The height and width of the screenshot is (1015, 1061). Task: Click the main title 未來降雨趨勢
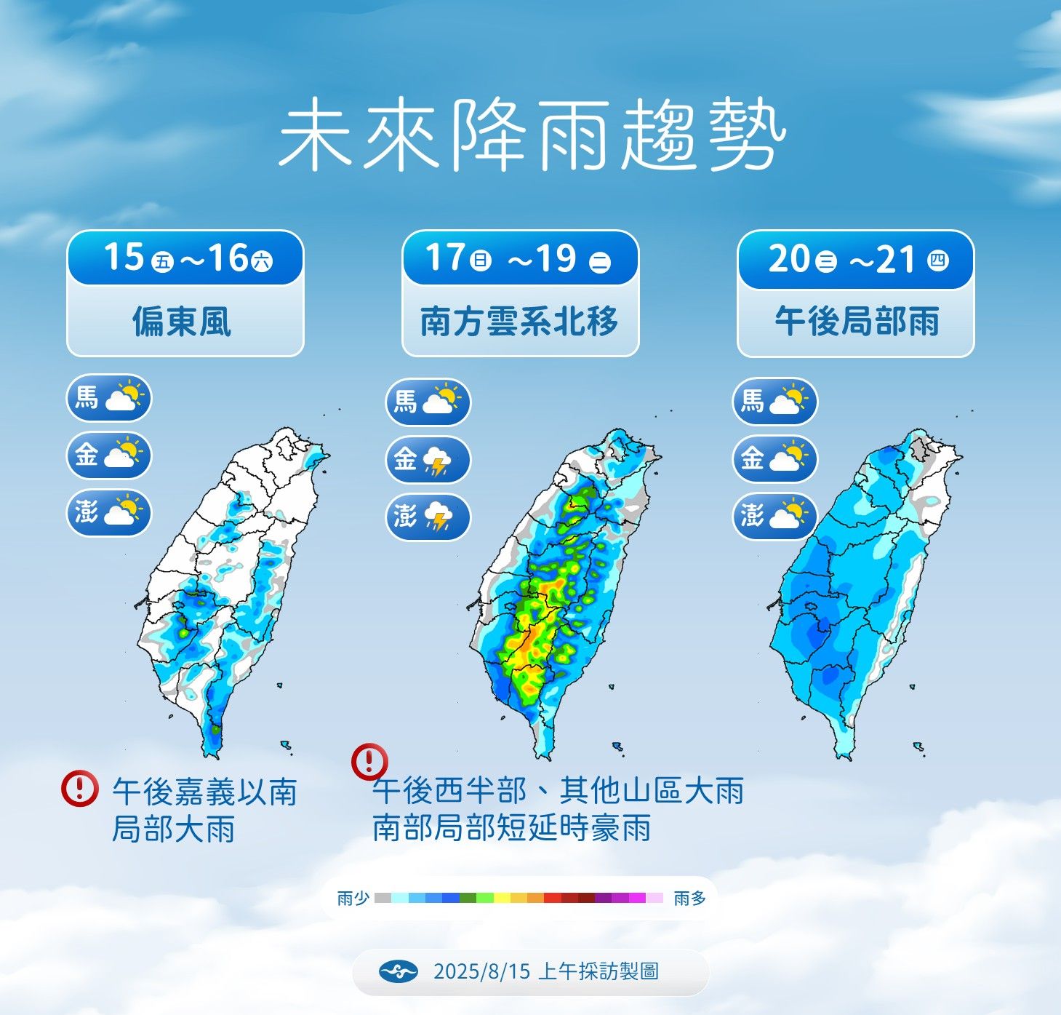click(532, 136)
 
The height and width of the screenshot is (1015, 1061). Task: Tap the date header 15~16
click(185, 258)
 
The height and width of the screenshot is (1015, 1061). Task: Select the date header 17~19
click(520, 258)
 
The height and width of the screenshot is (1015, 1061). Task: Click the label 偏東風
click(182, 322)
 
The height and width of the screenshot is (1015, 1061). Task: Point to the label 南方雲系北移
click(519, 322)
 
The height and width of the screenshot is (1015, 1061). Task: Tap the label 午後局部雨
click(857, 322)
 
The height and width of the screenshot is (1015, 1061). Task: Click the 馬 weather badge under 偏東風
click(109, 398)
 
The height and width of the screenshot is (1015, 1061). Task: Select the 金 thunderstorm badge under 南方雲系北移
click(428, 460)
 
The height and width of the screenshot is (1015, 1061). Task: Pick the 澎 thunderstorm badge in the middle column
click(428, 517)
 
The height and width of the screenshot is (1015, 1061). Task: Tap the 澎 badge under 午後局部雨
click(774, 516)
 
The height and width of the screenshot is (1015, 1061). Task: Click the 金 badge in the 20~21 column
click(774, 458)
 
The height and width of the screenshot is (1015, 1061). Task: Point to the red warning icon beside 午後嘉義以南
click(79, 788)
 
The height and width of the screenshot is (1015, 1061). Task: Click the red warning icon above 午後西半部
click(369, 761)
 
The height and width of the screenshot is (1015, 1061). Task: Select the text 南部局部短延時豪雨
click(512, 828)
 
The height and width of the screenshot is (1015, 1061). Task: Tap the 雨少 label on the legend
click(353, 899)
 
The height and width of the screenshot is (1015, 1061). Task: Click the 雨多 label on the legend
click(689, 899)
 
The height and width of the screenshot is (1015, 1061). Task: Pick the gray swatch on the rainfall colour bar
click(383, 899)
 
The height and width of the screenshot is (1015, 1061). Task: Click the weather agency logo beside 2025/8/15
click(398, 971)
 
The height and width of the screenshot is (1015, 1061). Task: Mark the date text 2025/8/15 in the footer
click(481, 971)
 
